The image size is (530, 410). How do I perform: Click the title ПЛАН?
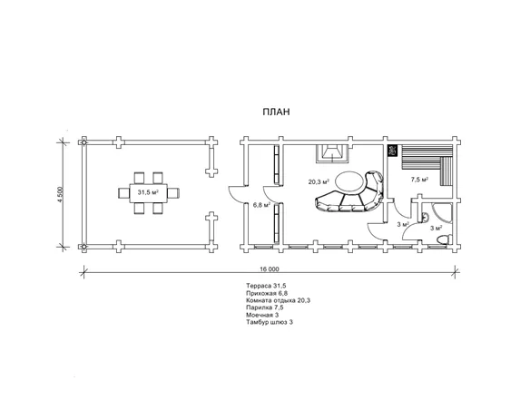pos(276,112)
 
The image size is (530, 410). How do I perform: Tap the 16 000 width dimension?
pos(270,268)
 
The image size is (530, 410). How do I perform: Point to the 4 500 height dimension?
pos(61,194)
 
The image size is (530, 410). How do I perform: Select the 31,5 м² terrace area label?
pos(148,192)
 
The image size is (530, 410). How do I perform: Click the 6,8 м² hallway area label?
pos(261,205)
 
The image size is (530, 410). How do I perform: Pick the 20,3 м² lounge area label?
pos(319,182)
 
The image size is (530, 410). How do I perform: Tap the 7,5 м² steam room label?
pos(419,180)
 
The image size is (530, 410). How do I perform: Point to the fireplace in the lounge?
pos(332,153)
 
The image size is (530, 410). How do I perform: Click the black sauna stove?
pos(392,151)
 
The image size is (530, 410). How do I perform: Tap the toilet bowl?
pos(444,239)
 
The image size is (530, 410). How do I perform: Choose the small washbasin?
pos(424,216)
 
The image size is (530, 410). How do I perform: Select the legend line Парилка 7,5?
pos(265,307)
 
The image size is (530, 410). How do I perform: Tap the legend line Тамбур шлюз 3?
pos(270,322)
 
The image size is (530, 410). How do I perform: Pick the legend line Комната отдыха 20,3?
pos(278,300)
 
